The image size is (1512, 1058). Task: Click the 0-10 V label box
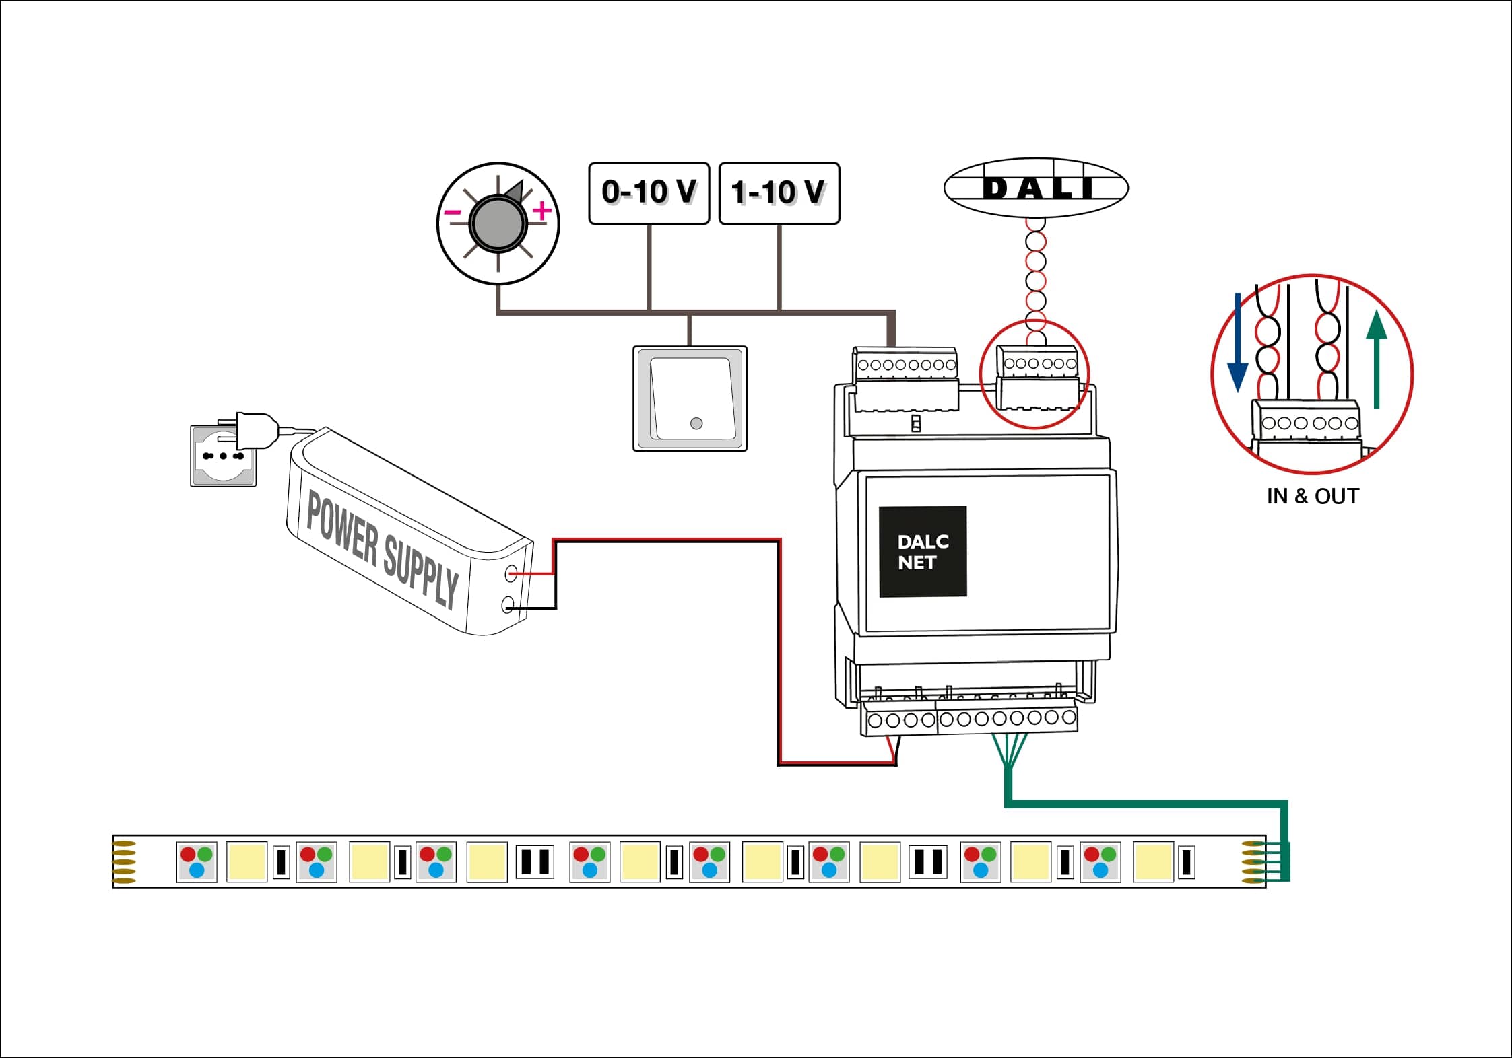(x=649, y=192)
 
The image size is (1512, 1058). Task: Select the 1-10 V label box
(x=779, y=192)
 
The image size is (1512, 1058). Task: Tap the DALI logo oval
(x=1036, y=188)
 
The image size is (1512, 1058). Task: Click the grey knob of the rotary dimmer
(x=498, y=223)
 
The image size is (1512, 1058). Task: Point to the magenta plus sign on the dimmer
(x=541, y=211)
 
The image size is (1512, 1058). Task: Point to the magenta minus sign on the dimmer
(x=453, y=213)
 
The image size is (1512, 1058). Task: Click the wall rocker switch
(x=690, y=398)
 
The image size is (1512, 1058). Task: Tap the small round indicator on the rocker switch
(x=696, y=423)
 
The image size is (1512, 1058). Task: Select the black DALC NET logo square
(x=922, y=551)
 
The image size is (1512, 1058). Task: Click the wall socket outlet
(x=223, y=456)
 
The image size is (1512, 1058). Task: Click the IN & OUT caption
(x=1312, y=497)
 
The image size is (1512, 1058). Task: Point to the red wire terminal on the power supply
(x=511, y=573)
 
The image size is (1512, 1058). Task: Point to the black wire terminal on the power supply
(x=508, y=605)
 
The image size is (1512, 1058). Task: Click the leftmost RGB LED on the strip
(x=197, y=862)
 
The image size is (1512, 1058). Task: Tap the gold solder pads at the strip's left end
(x=124, y=862)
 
